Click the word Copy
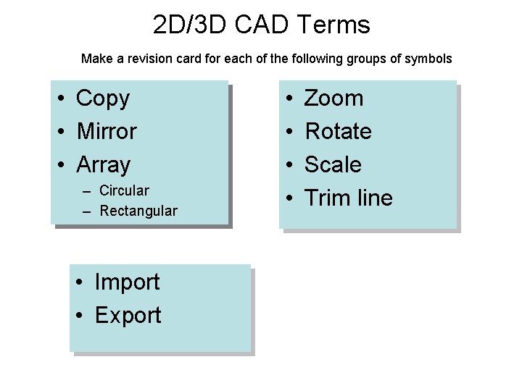click(102, 98)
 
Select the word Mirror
click(106, 132)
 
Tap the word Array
click(103, 165)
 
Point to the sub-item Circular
click(124, 190)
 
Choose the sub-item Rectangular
click(138, 211)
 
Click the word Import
click(127, 282)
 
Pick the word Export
click(128, 316)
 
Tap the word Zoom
click(333, 98)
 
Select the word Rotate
click(338, 132)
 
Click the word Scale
click(332, 165)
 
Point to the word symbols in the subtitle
click(428, 58)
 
